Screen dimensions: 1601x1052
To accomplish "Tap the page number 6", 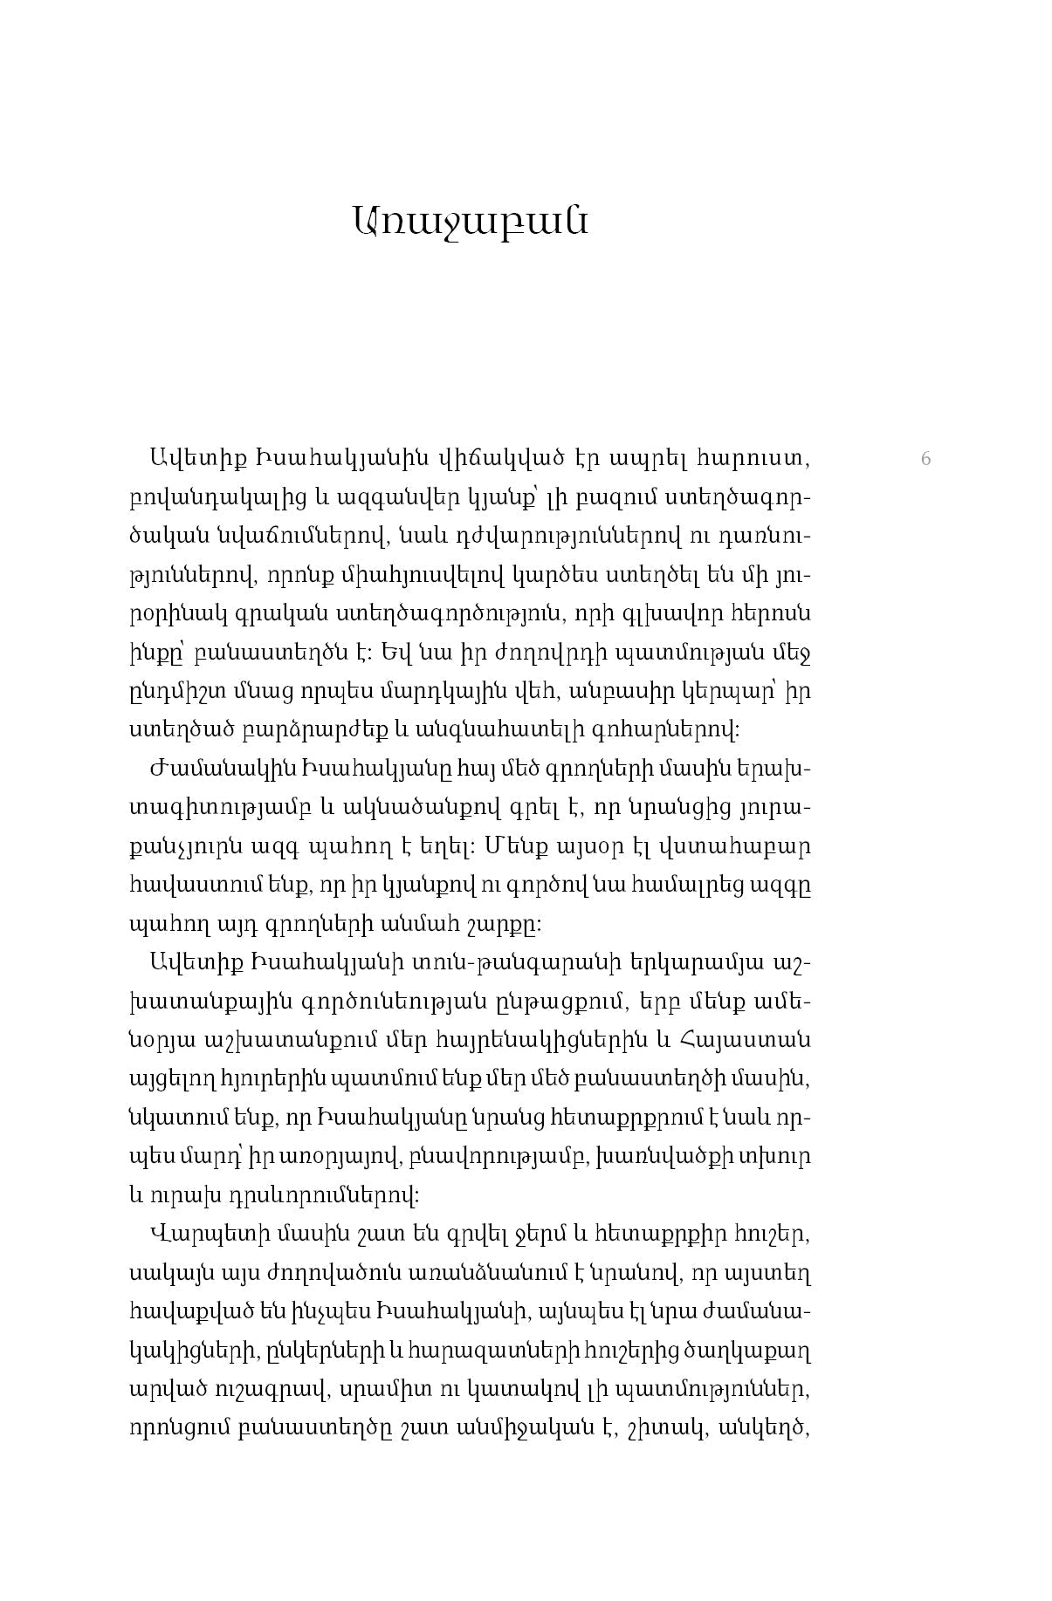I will pyautogui.click(x=926, y=459).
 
